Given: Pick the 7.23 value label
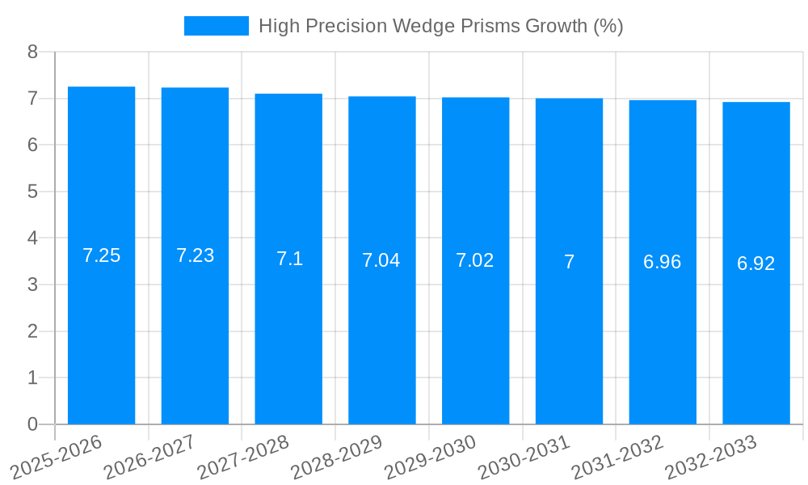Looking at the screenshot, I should click(195, 255).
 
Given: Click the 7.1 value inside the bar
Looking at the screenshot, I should click(289, 259).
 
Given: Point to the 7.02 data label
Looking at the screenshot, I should click(475, 260).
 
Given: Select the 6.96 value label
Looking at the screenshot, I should click(663, 262).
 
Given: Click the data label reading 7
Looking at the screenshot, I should click(569, 262).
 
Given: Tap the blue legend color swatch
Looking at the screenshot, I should click(216, 26).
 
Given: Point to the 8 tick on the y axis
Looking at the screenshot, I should click(32, 52).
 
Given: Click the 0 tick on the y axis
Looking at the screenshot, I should click(32, 424).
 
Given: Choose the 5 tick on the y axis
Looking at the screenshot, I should click(32, 192).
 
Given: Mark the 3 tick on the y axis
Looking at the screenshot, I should click(32, 285).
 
